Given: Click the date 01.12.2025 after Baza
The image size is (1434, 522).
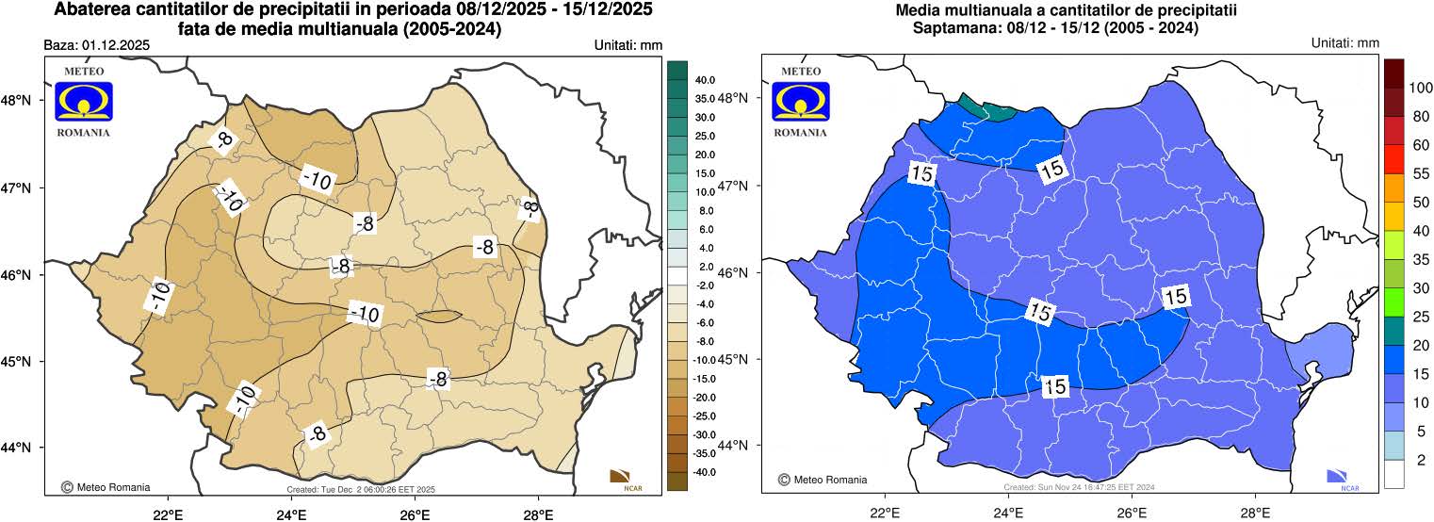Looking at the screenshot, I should (117, 45).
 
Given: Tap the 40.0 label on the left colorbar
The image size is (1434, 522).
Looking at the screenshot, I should (705, 80).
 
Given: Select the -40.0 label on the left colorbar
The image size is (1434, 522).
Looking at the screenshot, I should (704, 471).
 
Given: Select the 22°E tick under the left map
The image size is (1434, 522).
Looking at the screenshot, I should (168, 514).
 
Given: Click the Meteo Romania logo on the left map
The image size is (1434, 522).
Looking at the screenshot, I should (83, 102).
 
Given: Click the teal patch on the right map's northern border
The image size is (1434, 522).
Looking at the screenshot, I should (986, 107).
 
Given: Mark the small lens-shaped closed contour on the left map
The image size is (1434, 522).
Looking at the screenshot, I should (438, 317).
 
